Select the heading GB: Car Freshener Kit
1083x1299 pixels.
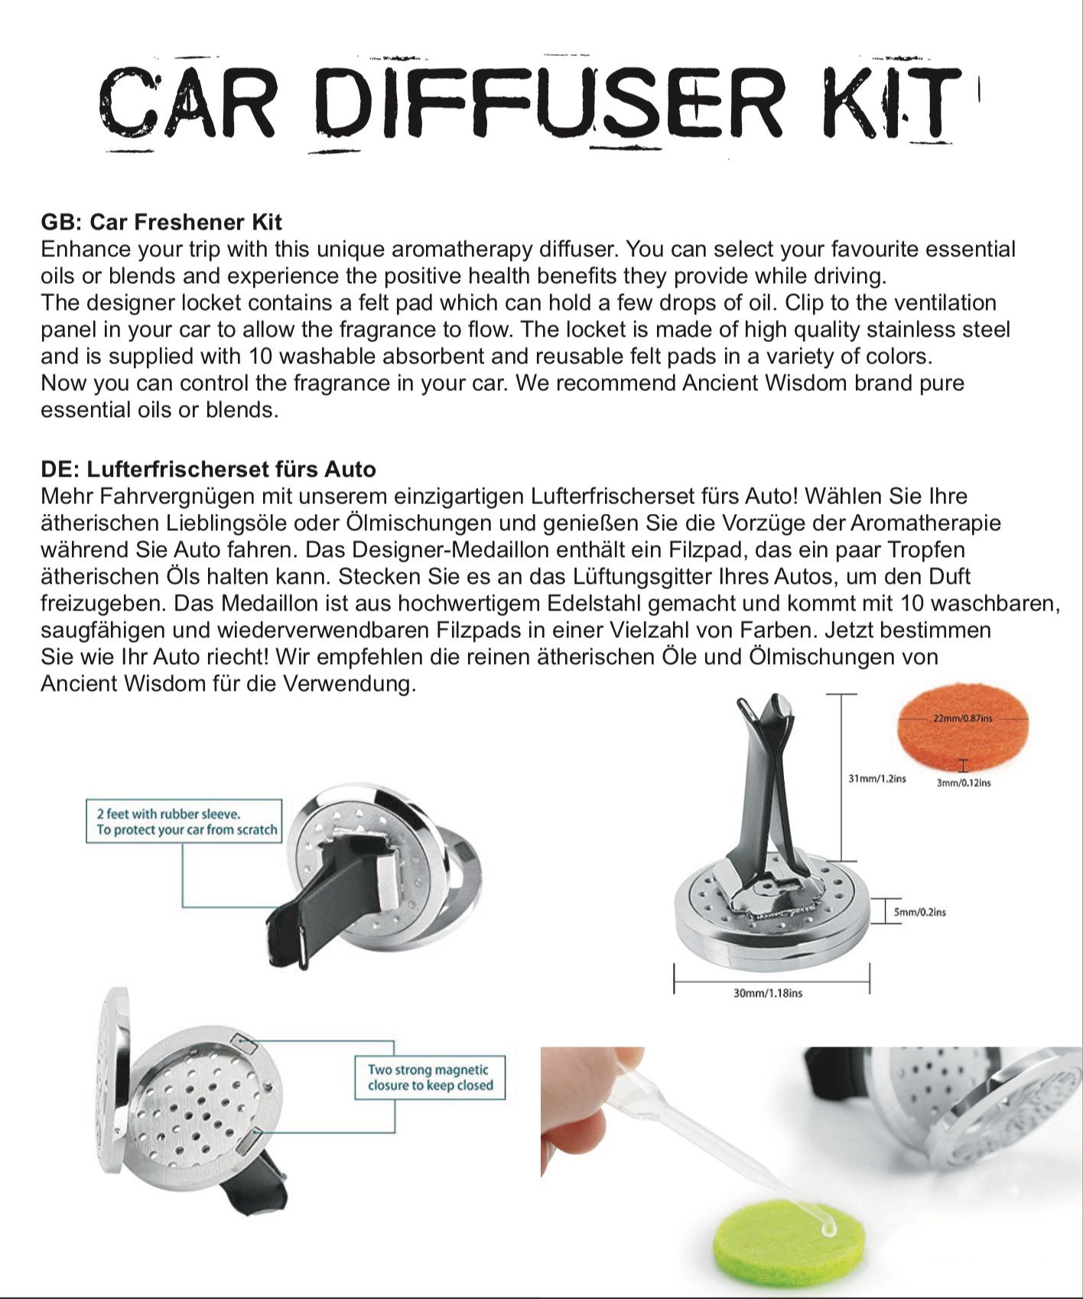point(161,222)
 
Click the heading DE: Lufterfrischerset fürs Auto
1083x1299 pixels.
point(208,469)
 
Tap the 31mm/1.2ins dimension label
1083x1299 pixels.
point(876,779)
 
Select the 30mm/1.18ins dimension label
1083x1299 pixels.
point(768,993)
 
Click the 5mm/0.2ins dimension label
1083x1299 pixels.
point(919,912)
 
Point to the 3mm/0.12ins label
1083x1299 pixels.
point(964,783)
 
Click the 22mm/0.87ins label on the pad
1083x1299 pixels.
point(962,718)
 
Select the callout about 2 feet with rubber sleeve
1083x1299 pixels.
point(184,822)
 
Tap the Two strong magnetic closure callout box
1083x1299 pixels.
point(430,1077)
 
